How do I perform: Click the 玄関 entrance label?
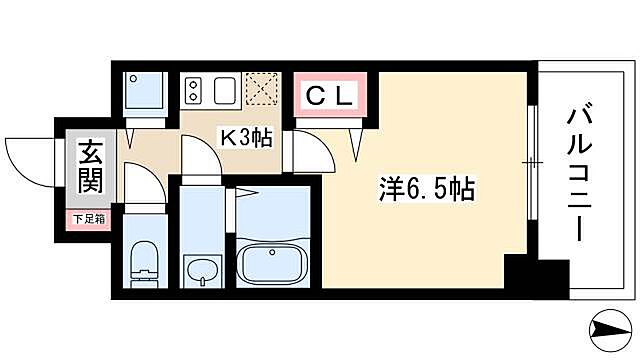(x=87, y=170)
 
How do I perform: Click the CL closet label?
(x=329, y=97)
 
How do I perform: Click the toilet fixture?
(x=146, y=262)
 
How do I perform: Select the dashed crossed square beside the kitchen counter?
(x=262, y=90)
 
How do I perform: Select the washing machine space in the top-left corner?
(x=146, y=94)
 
